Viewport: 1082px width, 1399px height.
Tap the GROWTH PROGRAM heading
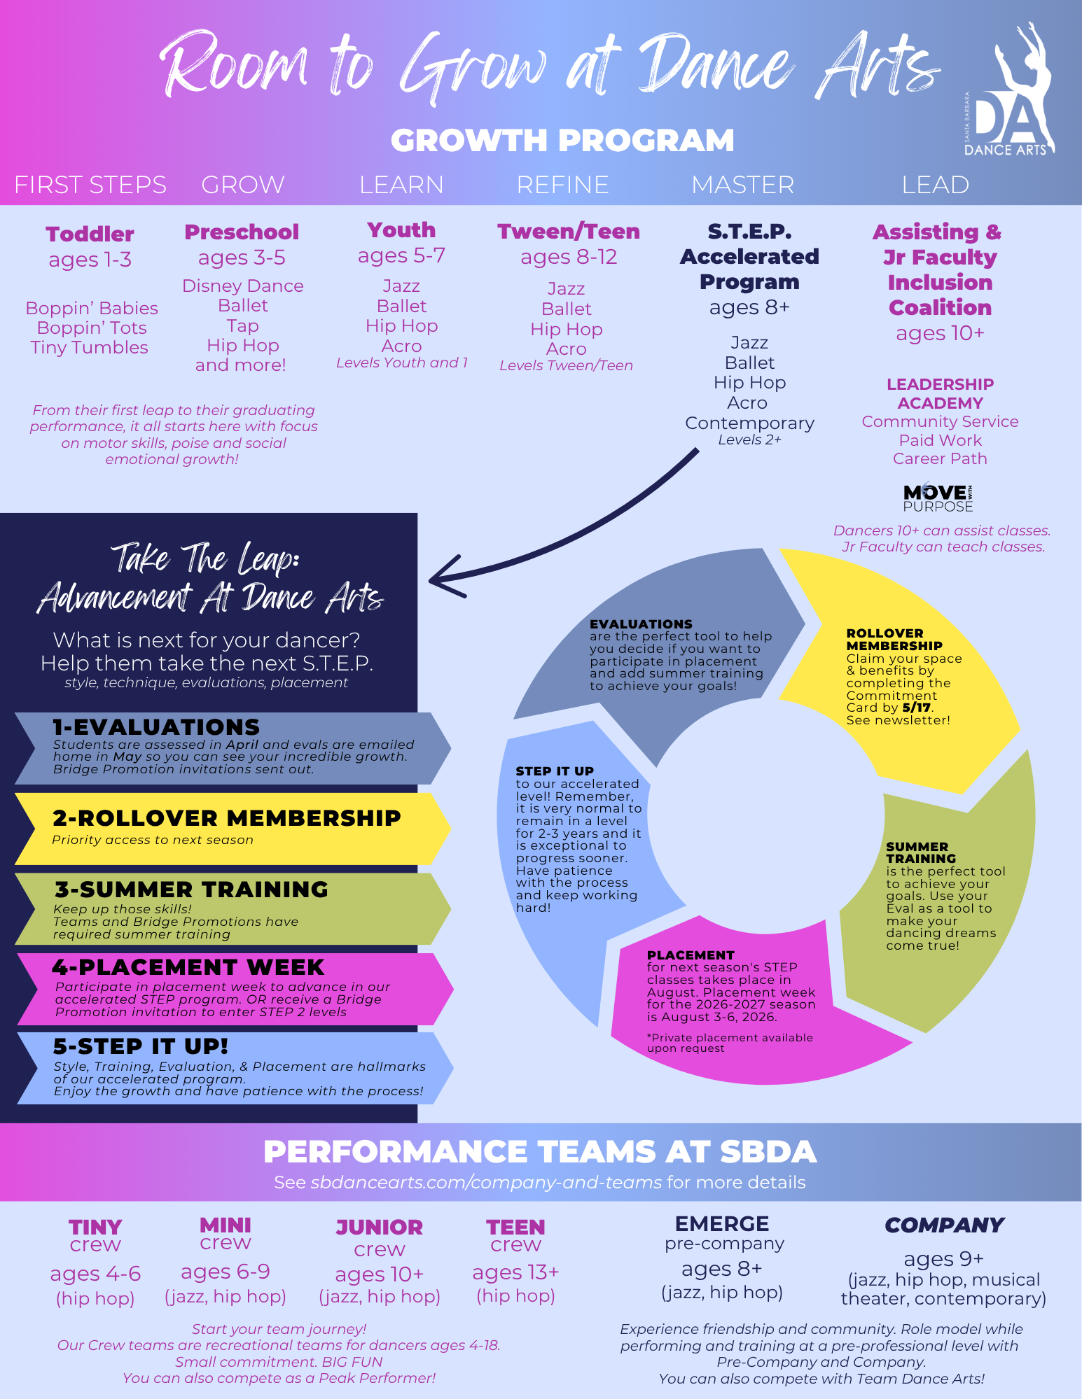tap(562, 141)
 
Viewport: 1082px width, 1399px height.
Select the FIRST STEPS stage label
tap(90, 185)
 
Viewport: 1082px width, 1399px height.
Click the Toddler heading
tap(90, 234)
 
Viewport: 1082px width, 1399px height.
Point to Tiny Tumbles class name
tap(90, 348)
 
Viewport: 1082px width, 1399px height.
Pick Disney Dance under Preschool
tap(242, 286)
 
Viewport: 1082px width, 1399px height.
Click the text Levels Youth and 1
tap(401, 363)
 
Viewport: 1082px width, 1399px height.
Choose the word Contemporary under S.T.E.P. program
tap(749, 423)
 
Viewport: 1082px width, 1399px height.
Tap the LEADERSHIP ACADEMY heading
tap(940, 393)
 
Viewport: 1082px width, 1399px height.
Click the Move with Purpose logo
tap(938, 498)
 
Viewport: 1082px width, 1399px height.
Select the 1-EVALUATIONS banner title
tap(156, 727)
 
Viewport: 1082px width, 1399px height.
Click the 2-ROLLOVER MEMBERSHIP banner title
tap(226, 817)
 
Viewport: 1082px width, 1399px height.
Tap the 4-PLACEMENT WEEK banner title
tap(188, 967)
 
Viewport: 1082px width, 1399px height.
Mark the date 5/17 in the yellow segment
tap(917, 708)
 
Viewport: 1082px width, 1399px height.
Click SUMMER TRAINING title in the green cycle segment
tap(920, 852)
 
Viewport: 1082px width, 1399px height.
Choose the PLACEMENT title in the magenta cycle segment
tap(690, 955)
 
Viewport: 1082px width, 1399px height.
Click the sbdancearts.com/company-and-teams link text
tap(486, 1183)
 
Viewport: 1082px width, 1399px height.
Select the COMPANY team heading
tap(944, 1225)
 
